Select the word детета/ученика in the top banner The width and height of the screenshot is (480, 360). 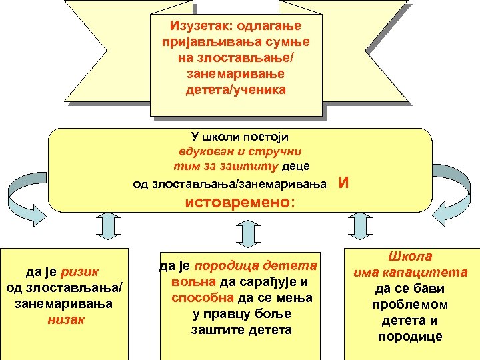[x=236, y=89]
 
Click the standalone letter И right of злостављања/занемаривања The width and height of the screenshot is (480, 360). [x=343, y=183]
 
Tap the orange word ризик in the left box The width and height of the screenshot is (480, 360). [x=79, y=271]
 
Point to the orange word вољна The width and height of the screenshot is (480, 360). [x=188, y=281]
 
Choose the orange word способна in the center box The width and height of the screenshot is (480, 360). [x=201, y=297]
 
